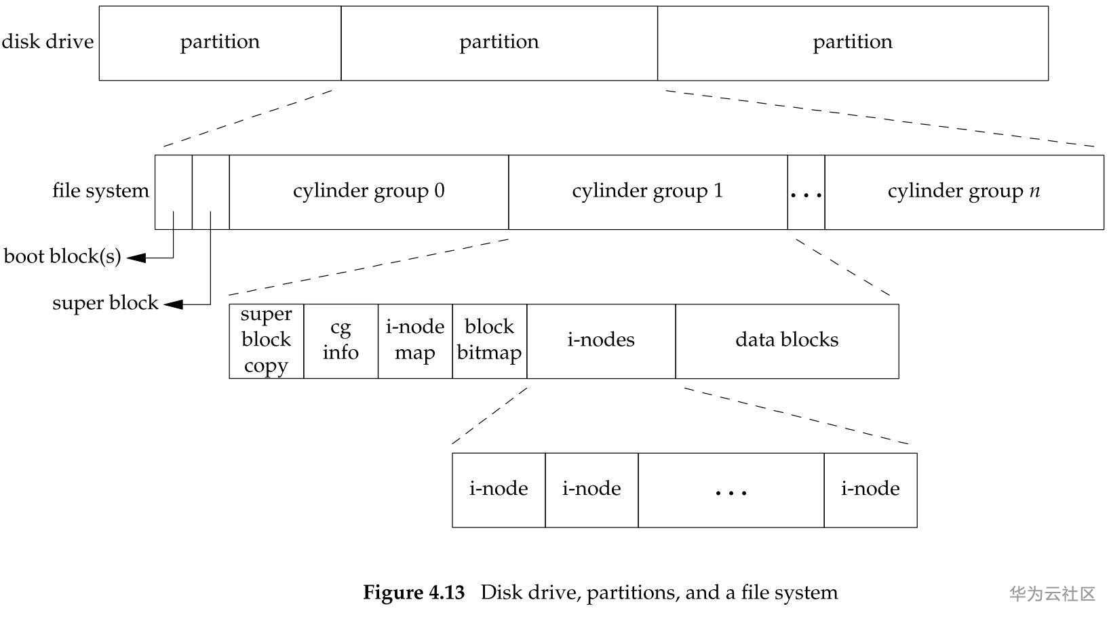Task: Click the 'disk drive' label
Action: pos(47,42)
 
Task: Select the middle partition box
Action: pos(499,43)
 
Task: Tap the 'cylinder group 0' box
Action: pos(368,192)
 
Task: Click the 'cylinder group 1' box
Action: pos(647,192)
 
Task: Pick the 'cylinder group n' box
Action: pos(963,192)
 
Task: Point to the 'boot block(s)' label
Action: pos(62,257)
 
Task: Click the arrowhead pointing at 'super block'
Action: pos(173,304)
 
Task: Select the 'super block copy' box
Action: pos(266,341)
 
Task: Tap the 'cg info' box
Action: pos(341,341)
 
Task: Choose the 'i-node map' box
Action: pos(414,341)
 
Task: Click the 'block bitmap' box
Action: pos(489,341)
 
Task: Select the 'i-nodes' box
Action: pos(601,341)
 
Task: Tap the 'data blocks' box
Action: pos(787,341)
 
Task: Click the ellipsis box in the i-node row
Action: pos(731,490)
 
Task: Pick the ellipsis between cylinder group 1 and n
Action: pos(806,193)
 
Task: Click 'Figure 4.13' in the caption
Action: pos(414,593)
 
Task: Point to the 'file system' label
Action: pos(100,191)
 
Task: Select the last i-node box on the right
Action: pos(870,490)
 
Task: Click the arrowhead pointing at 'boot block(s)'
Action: pos(136,258)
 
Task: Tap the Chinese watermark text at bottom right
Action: pos(1052,595)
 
